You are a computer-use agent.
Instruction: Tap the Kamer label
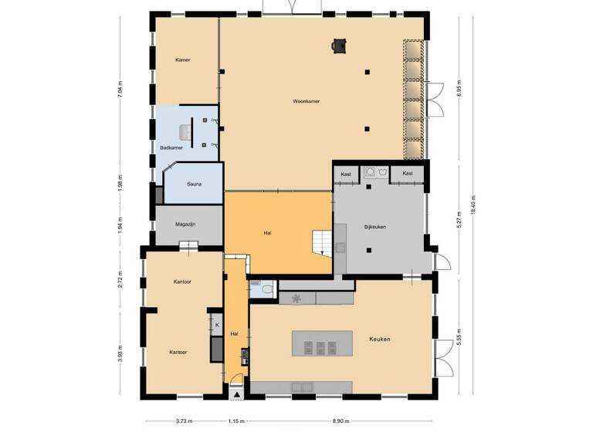(x=182, y=60)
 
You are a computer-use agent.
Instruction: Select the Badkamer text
(x=171, y=147)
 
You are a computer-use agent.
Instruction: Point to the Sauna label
(x=195, y=184)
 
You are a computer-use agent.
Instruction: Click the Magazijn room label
(x=185, y=224)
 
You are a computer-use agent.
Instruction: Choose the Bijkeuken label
(x=375, y=227)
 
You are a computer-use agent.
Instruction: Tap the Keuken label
(x=379, y=339)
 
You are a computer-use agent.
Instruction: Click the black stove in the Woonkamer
(x=338, y=46)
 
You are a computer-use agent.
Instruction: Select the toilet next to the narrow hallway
(x=265, y=289)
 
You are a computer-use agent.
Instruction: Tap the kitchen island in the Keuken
(x=321, y=343)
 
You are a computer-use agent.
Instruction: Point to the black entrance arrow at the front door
(x=236, y=394)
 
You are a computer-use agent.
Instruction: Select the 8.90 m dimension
(x=339, y=421)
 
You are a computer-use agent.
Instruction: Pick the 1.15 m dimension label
(x=236, y=421)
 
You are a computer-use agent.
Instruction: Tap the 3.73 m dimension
(x=184, y=421)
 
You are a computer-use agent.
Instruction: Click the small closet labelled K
(x=217, y=325)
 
